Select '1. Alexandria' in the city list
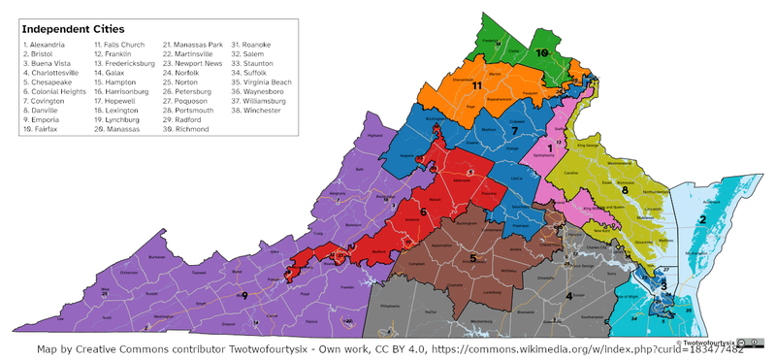coord(44,46)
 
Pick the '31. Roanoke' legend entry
coord(251,46)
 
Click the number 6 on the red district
coord(423,211)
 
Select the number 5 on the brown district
coord(473,258)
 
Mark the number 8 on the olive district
coord(625,190)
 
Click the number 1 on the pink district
coord(549,146)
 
